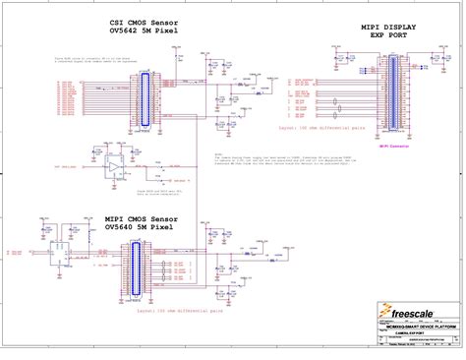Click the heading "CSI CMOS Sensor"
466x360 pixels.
pyautogui.click(x=146, y=22)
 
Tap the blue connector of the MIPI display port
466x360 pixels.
pyautogui.click(x=395, y=93)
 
